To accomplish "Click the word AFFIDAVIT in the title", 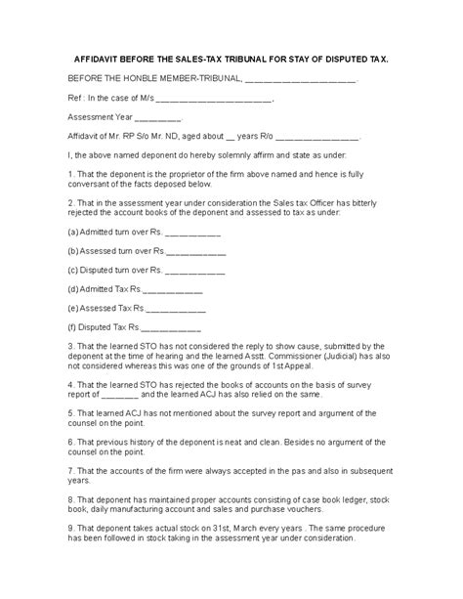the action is click(x=101, y=59).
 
